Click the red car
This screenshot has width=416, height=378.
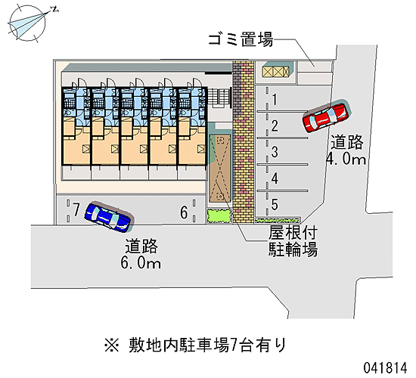(x=325, y=117)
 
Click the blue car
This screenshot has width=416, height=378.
(x=107, y=216)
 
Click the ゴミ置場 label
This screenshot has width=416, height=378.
(x=241, y=40)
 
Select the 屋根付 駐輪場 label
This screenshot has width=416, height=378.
(x=293, y=241)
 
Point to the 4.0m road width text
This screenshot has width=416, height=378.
(x=346, y=159)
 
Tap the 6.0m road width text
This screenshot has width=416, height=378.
(x=141, y=263)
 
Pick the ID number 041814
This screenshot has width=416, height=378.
(x=385, y=368)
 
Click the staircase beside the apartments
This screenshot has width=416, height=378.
(x=219, y=98)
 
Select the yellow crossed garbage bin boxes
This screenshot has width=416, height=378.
(x=275, y=72)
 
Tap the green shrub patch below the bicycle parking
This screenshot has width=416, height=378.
(x=219, y=216)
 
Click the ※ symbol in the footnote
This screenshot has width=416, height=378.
(x=112, y=345)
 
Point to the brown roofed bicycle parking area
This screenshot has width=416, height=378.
(x=219, y=171)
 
